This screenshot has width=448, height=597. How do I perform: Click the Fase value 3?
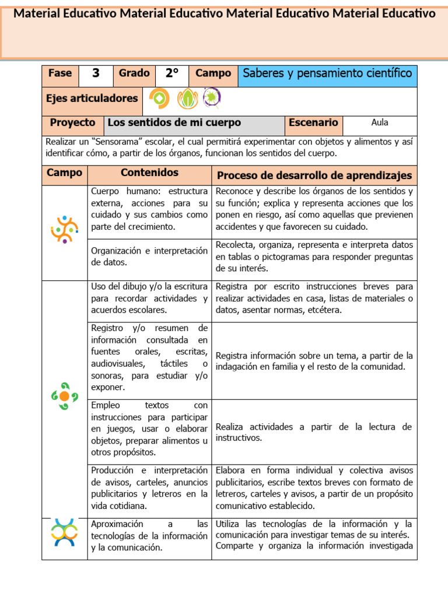(x=96, y=73)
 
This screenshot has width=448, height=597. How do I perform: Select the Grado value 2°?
(x=171, y=73)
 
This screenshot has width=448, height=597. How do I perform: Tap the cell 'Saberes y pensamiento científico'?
(x=327, y=73)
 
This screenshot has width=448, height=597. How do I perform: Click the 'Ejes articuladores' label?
(x=92, y=99)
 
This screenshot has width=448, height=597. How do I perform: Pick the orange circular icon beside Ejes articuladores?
(x=159, y=99)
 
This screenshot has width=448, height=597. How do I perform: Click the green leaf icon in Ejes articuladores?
(x=187, y=99)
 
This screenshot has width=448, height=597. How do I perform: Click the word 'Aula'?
(x=379, y=123)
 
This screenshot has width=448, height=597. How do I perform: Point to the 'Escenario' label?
(x=313, y=123)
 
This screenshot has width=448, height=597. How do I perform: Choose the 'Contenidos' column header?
(x=149, y=173)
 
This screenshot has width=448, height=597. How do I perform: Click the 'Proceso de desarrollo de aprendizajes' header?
(x=314, y=175)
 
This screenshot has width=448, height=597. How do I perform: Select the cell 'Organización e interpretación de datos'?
(x=149, y=257)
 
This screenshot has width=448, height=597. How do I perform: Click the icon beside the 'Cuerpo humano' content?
(x=64, y=229)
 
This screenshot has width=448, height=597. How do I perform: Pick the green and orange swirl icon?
(x=64, y=396)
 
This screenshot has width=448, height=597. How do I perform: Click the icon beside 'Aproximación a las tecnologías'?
(x=64, y=532)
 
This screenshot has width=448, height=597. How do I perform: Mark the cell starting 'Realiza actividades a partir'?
(x=314, y=432)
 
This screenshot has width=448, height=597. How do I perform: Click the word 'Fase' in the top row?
(x=60, y=73)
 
